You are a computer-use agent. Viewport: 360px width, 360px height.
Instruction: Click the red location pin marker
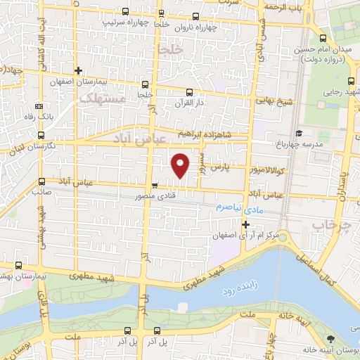pos(181,165)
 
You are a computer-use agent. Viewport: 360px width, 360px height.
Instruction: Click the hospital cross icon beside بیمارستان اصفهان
pos(78,70)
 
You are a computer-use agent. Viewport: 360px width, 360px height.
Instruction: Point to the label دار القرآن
pos(188,103)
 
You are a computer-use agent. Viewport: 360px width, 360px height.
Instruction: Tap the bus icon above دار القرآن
pos(188,91)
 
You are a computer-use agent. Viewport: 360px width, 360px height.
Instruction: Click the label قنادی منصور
pos(168,196)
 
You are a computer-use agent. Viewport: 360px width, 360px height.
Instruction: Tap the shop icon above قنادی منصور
pos(154,186)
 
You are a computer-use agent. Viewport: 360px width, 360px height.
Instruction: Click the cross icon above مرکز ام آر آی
pos(245,225)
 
